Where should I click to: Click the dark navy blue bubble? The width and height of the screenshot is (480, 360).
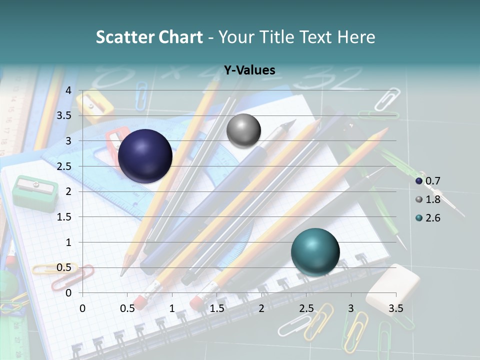[145, 155]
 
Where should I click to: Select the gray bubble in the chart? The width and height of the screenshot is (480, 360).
[243, 131]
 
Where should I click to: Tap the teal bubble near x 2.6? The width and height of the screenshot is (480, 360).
[315, 252]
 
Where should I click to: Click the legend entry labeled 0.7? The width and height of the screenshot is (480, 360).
[428, 181]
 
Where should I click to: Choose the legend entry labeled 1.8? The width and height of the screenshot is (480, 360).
[428, 199]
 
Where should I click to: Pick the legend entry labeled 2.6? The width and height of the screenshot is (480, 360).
[428, 217]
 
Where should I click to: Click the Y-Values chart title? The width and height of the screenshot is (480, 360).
[249, 70]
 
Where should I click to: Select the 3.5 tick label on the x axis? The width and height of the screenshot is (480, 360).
[395, 308]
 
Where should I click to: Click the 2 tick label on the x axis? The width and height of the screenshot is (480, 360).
[261, 308]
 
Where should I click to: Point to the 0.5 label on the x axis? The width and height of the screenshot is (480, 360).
[127, 308]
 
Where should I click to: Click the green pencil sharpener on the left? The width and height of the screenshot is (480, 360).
[35, 192]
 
